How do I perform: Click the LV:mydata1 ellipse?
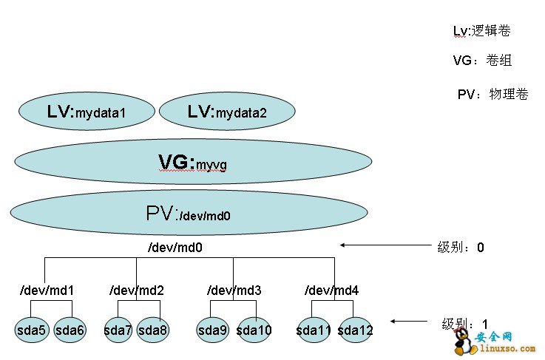click(87, 112)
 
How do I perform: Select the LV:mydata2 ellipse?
click(227, 112)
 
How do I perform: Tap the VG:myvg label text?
click(192, 162)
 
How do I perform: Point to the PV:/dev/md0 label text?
click(189, 214)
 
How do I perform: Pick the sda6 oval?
click(70, 330)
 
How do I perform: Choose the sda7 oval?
click(118, 330)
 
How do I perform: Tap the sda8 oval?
click(153, 330)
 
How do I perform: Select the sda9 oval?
click(213, 330)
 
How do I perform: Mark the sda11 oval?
click(314, 330)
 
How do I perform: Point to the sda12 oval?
click(355, 330)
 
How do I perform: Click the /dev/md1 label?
click(46, 290)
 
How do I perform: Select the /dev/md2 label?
click(136, 290)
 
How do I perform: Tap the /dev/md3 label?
click(234, 290)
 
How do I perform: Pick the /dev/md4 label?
click(332, 290)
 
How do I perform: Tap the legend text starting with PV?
click(492, 95)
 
